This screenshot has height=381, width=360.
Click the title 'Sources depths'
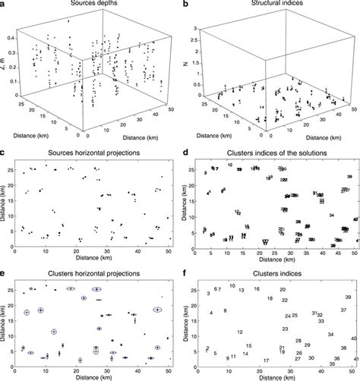point(86,5)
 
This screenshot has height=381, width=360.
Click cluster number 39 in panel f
point(348,298)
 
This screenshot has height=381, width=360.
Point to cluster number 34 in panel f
point(331,335)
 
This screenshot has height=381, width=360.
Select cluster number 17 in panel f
point(266,361)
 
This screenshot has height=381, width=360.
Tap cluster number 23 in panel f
point(285,329)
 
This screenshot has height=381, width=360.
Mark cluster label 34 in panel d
point(331,216)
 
